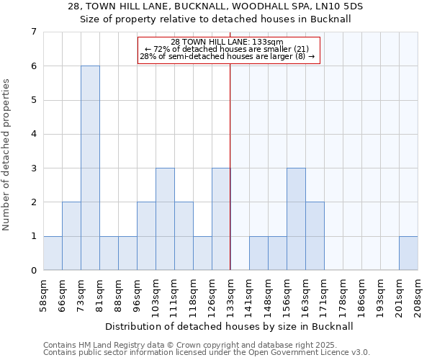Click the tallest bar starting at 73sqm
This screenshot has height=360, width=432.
coord(90,168)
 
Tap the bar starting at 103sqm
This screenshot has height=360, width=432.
coord(165,219)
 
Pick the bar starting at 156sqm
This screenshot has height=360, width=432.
coord(296,219)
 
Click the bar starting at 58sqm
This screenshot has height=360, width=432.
coord(53,253)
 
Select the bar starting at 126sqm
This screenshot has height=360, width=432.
coord(221,219)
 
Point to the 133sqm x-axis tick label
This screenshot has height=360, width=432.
coord(230,297)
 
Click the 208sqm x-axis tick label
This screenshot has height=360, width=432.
coord(418,297)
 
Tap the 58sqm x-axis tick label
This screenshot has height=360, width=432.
coord(43,297)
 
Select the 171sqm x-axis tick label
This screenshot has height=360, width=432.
coord(324,297)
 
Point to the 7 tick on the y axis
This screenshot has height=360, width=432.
coord(33,32)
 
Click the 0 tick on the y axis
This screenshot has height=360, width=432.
coord(33,271)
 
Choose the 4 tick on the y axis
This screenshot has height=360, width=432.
coord(33,134)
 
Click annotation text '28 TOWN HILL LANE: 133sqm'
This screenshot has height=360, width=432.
coord(228,42)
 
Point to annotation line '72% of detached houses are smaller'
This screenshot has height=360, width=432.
coord(228,49)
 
